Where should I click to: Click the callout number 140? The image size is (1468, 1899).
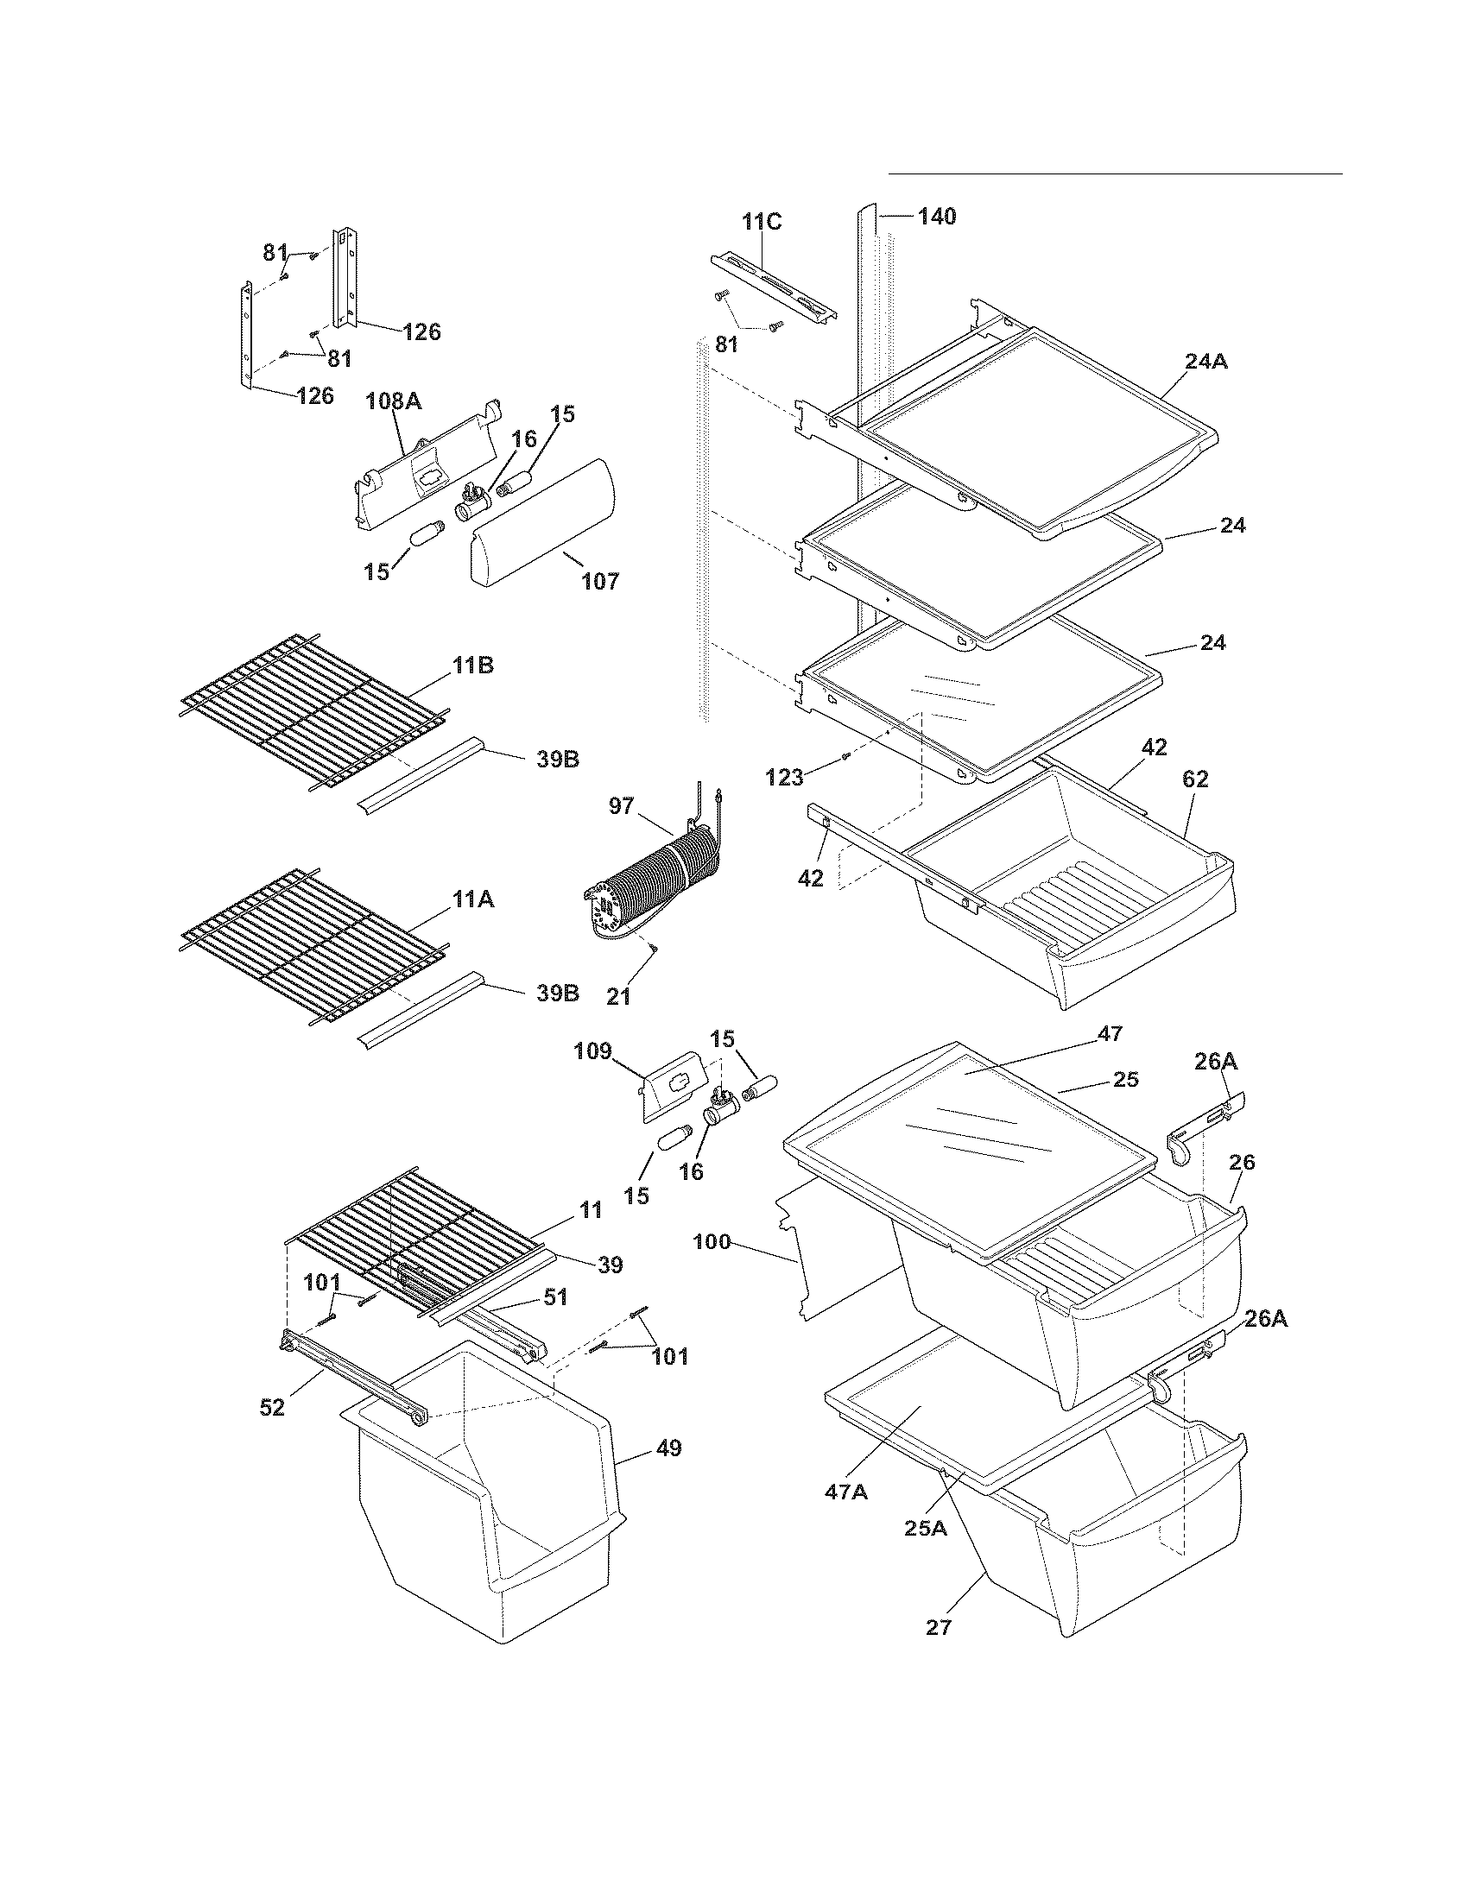(x=937, y=217)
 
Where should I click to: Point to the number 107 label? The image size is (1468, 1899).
(x=600, y=581)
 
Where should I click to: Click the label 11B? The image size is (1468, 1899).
(x=472, y=666)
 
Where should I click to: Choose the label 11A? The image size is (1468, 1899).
(x=472, y=900)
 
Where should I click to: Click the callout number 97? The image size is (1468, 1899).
(x=621, y=806)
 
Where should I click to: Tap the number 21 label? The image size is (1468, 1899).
(x=618, y=997)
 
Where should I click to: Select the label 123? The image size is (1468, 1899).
(x=784, y=778)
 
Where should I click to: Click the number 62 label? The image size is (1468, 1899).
(x=1195, y=779)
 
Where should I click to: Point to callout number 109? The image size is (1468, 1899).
(x=592, y=1050)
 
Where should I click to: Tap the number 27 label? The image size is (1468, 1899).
(x=939, y=1627)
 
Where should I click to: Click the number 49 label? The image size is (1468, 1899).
(x=668, y=1448)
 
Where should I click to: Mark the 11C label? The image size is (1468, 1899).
(x=762, y=221)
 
